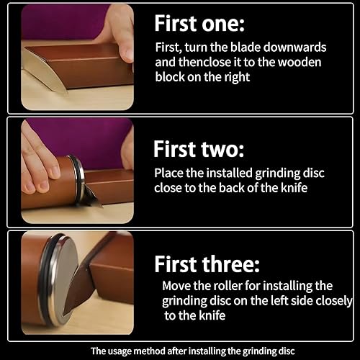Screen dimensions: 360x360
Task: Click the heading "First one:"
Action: [x=199, y=23]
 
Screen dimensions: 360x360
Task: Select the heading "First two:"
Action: [x=199, y=149]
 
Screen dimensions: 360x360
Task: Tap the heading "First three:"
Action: [x=207, y=264]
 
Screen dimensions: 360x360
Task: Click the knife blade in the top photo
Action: [x=42, y=71]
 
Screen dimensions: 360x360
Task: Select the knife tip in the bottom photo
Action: [x=64, y=315]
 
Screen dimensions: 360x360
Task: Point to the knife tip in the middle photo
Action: [x=102, y=207]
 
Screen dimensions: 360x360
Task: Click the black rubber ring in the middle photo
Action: [x=78, y=179]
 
